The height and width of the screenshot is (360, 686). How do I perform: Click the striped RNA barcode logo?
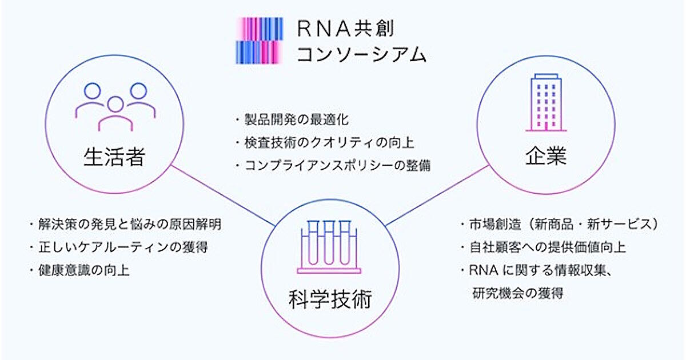coord(260,40)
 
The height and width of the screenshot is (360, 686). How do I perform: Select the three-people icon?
coord(115,106)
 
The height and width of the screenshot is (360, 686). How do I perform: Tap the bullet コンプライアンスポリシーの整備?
coord(332,166)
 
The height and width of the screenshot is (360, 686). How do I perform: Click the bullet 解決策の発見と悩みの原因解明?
coord(125,224)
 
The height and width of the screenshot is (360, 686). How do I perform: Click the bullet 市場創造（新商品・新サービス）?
coord(559,224)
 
